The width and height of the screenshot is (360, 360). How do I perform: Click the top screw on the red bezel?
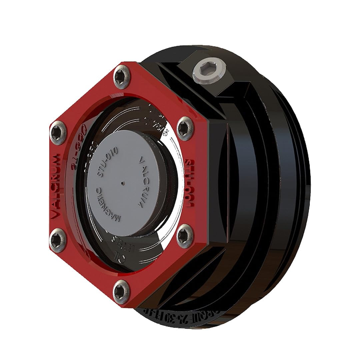coord(122,77)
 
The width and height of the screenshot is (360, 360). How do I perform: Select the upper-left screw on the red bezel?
coord(58,133)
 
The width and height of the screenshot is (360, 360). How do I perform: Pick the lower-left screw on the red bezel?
coord(57,240)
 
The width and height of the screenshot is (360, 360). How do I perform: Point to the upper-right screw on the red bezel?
coord(185,128)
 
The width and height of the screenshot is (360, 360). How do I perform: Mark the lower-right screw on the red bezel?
coord(185,236)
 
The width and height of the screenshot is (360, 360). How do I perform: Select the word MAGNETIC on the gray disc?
coord(106,207)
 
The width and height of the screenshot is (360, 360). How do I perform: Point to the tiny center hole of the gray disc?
coord(124,183)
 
